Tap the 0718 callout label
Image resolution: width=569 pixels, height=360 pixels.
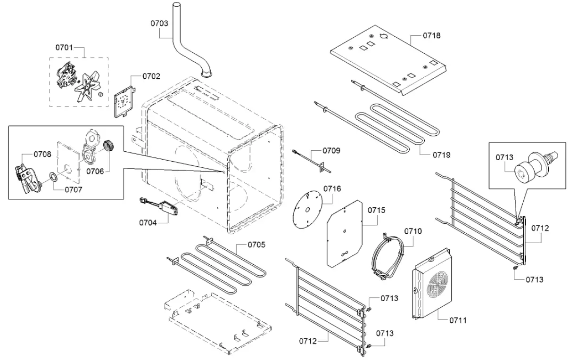[431, 35]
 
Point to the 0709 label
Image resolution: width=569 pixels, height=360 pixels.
[331, 151]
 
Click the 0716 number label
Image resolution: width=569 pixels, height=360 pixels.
[332, 188]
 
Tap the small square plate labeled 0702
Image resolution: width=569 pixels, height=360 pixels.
[124, 101]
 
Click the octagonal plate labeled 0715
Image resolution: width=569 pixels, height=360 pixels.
[345, 233]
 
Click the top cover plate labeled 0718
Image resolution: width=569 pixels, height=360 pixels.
[387, 59]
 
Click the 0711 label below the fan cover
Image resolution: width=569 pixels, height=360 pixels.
[458, 320]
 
